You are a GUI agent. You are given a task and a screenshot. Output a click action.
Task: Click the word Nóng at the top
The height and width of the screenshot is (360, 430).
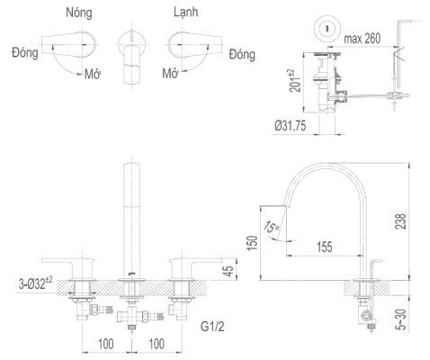[x=79, y=13]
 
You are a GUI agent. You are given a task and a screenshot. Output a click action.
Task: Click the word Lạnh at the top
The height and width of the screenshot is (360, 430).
[x=186, y=12]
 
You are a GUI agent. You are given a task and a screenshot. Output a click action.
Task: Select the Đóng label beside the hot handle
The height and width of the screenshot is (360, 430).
[x=25, y=52]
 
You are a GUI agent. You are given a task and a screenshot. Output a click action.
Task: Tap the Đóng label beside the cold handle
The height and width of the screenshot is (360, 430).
[x=242, y=55]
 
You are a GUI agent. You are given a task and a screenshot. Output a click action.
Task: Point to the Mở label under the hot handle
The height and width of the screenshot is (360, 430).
[x=93, y=74]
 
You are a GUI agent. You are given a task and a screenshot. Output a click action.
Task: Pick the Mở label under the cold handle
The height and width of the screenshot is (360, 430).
[x=170, y=73]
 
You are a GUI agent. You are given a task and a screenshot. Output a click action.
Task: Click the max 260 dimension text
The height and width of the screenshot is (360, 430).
[x=363, y=39]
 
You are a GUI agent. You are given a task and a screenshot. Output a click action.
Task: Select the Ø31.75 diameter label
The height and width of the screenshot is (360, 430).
[x=291, y=126]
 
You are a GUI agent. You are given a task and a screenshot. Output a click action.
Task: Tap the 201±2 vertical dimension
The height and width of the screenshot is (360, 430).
[x=295, y=80]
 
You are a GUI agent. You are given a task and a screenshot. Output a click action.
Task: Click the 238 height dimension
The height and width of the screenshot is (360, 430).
[x=400, y=221]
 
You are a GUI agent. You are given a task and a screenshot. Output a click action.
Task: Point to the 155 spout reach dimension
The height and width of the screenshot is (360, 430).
[x=325, y=247]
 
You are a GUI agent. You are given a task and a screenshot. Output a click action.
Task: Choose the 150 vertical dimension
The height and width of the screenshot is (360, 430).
[x=252, y=243]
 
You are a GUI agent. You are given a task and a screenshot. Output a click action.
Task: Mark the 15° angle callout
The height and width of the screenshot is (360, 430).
[x=272, y=227]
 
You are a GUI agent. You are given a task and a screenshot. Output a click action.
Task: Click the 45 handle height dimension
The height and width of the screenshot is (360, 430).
[x=228, y=271]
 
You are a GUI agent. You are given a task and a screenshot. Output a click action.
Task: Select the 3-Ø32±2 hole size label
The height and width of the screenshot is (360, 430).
[x=35, y=283]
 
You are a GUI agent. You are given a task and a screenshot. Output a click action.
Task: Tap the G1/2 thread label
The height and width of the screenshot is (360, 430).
[x=212, y=327]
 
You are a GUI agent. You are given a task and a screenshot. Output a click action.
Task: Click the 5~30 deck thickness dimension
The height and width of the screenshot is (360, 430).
[x=400, y=319]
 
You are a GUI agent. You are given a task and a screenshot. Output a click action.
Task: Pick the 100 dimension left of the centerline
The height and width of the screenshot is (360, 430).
[x=106, y=344]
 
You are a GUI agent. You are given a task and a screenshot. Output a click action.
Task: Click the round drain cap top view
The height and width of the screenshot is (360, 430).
[x=327, y=29]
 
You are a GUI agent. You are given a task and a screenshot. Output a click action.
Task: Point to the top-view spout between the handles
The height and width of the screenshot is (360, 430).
[x=132, y=56]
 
